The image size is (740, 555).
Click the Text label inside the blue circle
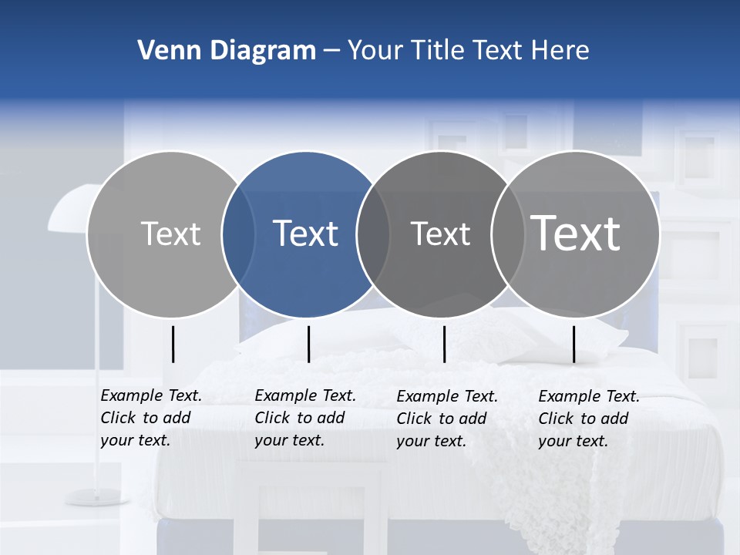[x=306, y=234]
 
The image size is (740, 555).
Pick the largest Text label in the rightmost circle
[x=576, y=234]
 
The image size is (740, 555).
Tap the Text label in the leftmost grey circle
[x=170, y=234]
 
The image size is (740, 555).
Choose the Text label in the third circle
[x=440, y=234]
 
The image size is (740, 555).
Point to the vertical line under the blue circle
[x=308, y=344]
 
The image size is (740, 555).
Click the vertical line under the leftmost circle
[x=173, y=344]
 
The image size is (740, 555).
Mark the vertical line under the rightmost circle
[x=573, y=344]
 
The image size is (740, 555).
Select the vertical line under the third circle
[x=445, y=344]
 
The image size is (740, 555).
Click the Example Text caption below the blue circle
[x=304, y=418]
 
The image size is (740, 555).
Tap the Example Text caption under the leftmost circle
[x=150, y=418]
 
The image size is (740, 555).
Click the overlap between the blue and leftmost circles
[x=238, y=234]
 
